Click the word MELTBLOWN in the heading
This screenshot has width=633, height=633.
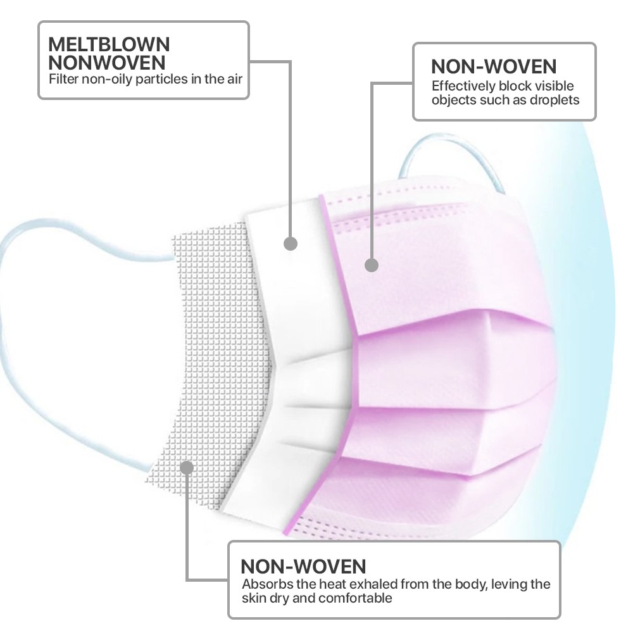[109, 44]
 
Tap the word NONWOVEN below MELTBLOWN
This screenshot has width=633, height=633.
[107, 63]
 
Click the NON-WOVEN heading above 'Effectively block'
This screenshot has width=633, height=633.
[494, 66]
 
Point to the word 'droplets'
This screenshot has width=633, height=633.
[555, 100]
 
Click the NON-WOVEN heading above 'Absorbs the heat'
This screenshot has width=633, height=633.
[303, 567]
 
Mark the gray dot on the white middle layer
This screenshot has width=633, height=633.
[291, 244]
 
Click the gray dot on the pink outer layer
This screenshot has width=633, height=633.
[372, 265]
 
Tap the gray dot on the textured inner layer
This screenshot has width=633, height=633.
[187, 468]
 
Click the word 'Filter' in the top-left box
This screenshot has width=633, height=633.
[63, 79]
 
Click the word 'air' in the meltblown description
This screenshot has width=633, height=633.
[235, 79]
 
